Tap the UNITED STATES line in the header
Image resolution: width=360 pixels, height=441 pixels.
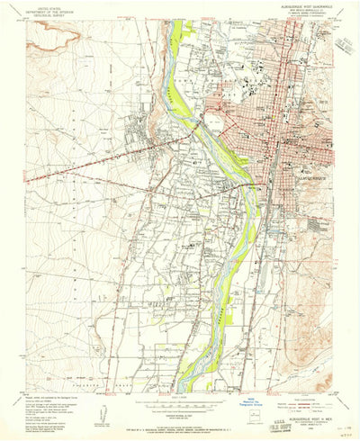point(51,6)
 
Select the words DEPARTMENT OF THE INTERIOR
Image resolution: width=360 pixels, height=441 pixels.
point(51,11)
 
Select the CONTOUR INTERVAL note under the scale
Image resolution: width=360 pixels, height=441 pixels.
point(180,405)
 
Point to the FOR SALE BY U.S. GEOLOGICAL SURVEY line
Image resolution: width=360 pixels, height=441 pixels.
point(180,413)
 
